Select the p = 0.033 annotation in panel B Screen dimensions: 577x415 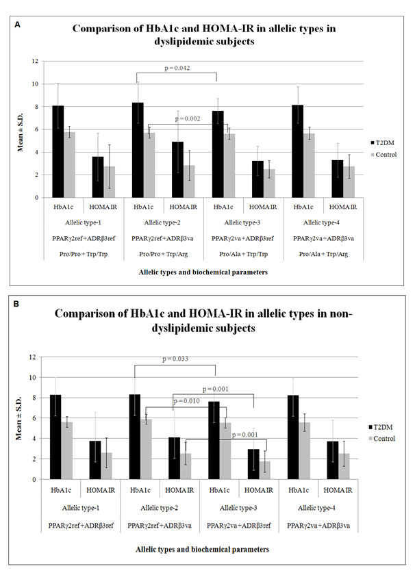(175, 359)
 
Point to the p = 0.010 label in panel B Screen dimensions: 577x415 (187, 401)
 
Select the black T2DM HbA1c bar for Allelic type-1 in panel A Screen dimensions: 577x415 (58, 151)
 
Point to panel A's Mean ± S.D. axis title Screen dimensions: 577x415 (23, 129)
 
